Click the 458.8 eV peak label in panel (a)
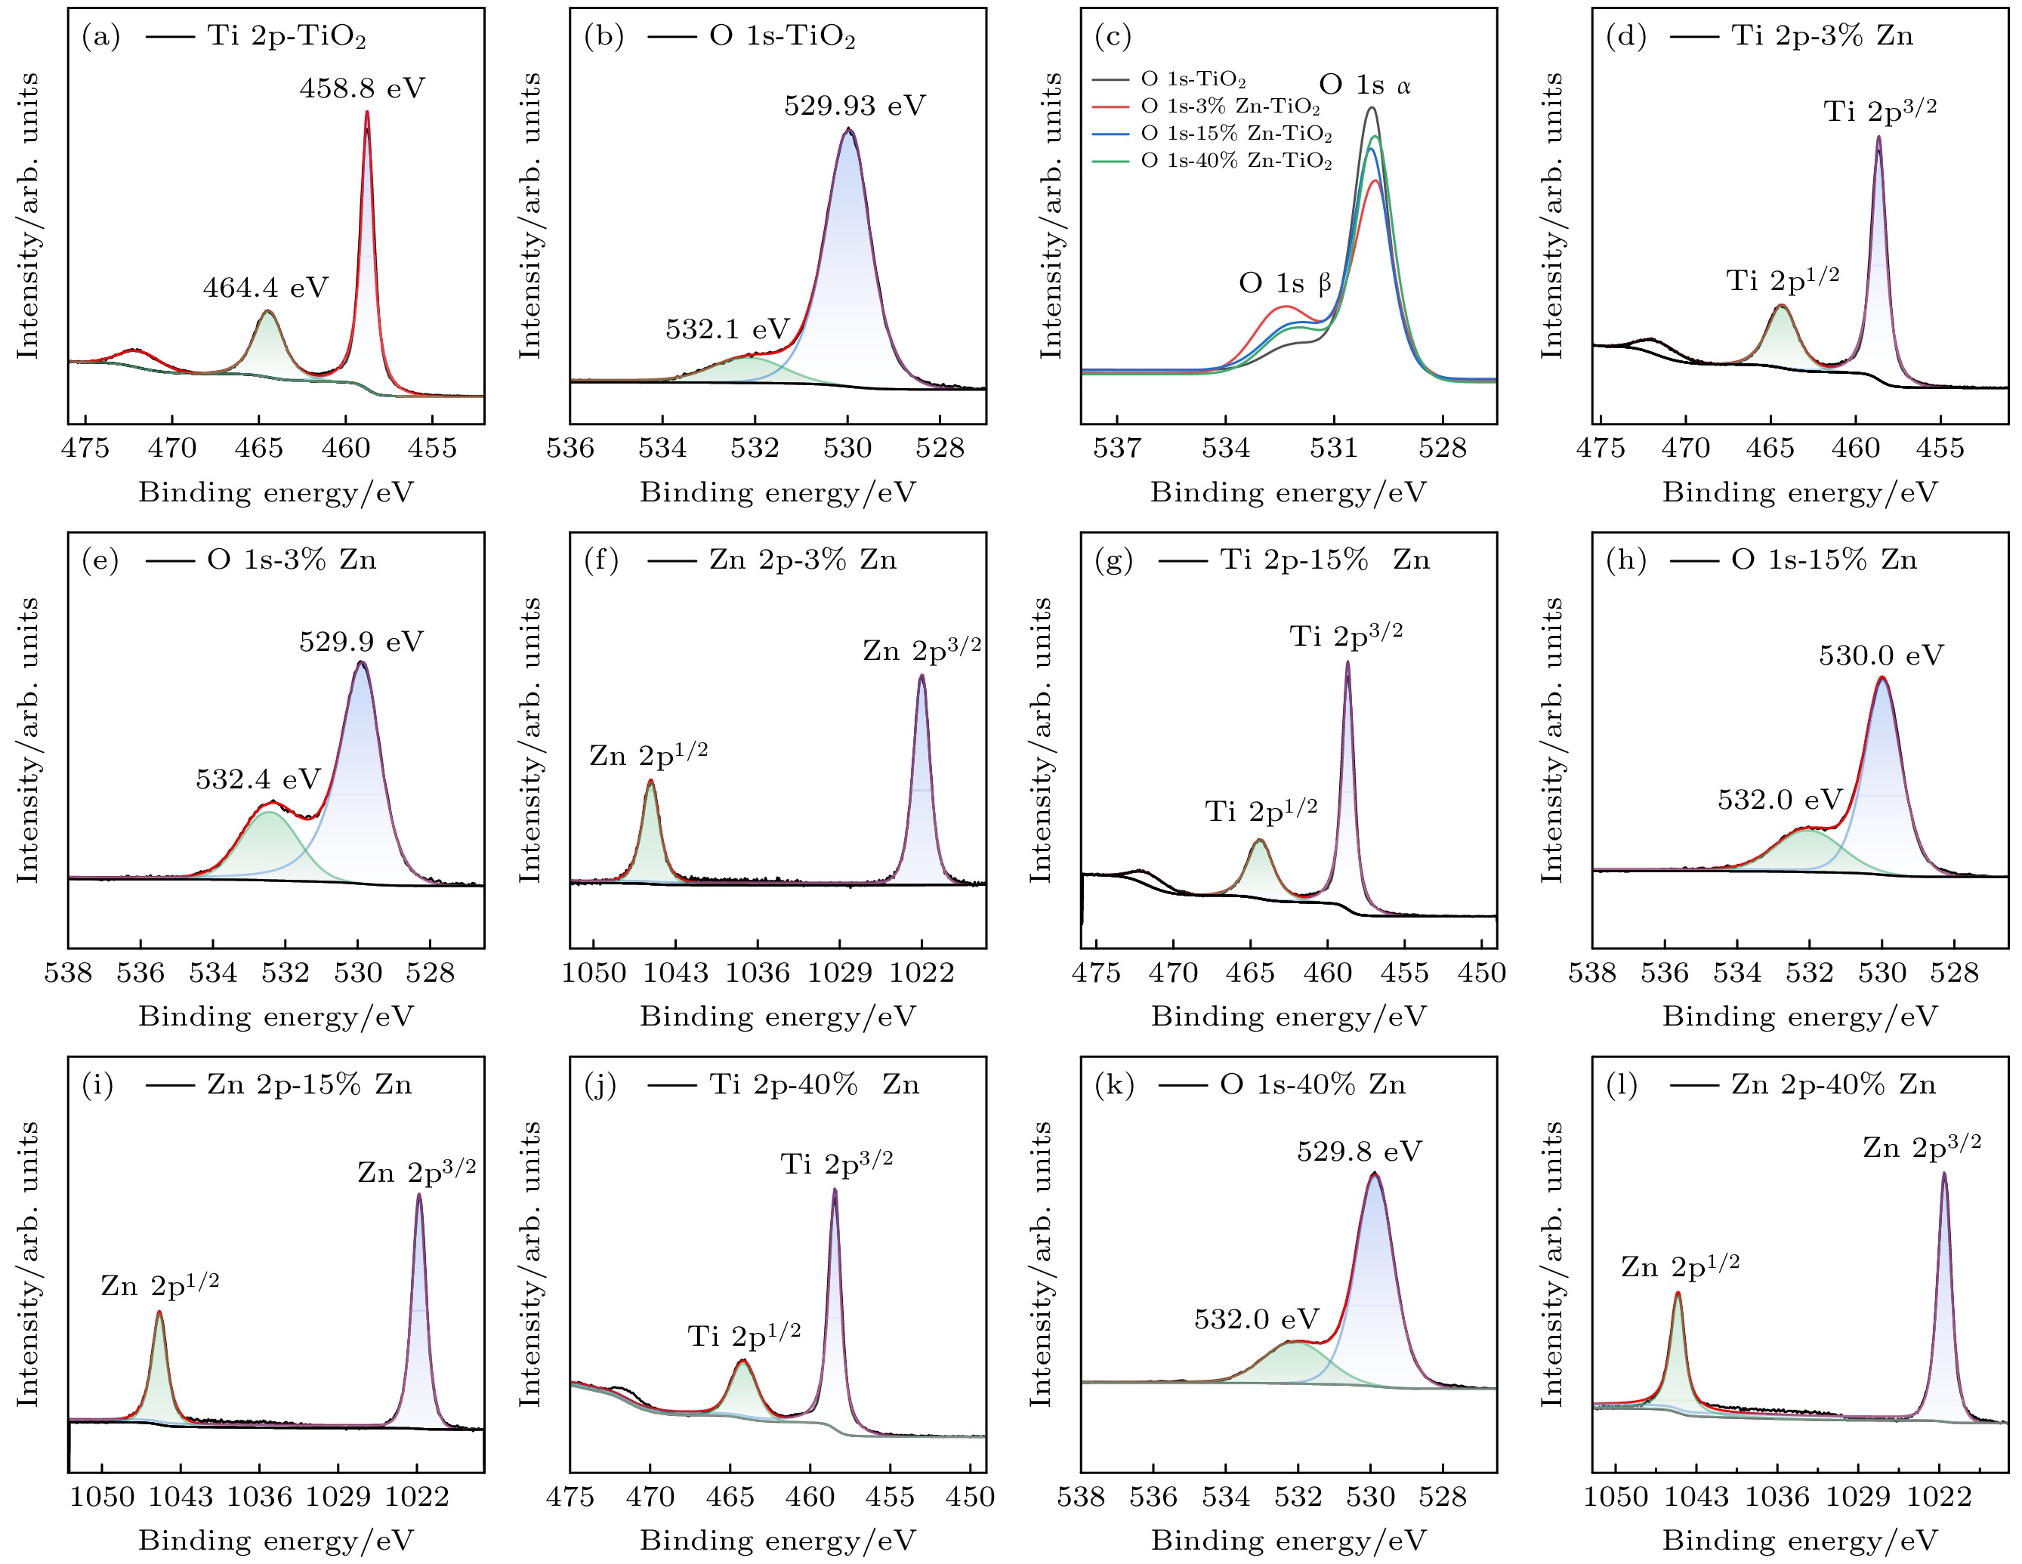(x=362, y=89)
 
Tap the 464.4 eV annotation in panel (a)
(x=266, y=288)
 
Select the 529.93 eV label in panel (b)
(x=854, y=106)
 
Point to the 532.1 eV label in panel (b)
(x=727, y=329)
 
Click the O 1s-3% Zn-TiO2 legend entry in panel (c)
(x=1230, y=107)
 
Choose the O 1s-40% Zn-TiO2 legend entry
(x=1236, y=161)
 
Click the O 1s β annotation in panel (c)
(x=1285, y=283)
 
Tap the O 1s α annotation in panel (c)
(x=1365, y=86)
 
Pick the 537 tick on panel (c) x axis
(x=1117, y=449)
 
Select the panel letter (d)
(x=1625, y=36)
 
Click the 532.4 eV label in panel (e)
(x=258, y=780)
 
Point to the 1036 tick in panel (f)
(x=758, y=973)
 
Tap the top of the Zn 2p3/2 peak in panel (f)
(x=921, y=676)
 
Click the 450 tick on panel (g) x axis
(x=1481, y=973)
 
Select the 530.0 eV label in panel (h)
(x=1880, y=656)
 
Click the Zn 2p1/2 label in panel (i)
(x=160, y=1285)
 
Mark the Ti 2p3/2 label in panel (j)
(x=837, y=1163)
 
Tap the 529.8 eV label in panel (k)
(x=1359, y=1152)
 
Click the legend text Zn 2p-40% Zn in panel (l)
(x=1833, y=1084)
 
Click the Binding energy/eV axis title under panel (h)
(x=1800, y=1017)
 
